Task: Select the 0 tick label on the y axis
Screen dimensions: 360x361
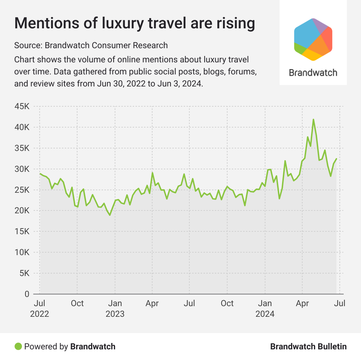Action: tap(27, 294)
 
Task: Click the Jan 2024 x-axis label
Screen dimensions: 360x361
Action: tap(265, 309)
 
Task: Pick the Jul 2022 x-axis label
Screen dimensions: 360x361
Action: tap(40, 309)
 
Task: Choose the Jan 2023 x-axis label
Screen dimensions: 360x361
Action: tap(115, 309)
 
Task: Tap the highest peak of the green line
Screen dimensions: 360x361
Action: tap(313, 119)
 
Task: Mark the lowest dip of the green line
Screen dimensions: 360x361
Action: tap(110, 215)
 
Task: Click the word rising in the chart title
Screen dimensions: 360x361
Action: tap(234, 23)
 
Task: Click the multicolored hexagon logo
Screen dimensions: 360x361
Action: tap(313, 39)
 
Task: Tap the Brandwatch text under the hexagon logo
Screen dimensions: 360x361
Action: tap(313, 73)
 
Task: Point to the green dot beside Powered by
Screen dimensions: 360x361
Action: tap(18, 346)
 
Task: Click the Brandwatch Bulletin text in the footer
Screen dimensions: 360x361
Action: tap(308, 346)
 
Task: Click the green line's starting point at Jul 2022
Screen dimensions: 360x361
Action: tap(40, 174)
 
